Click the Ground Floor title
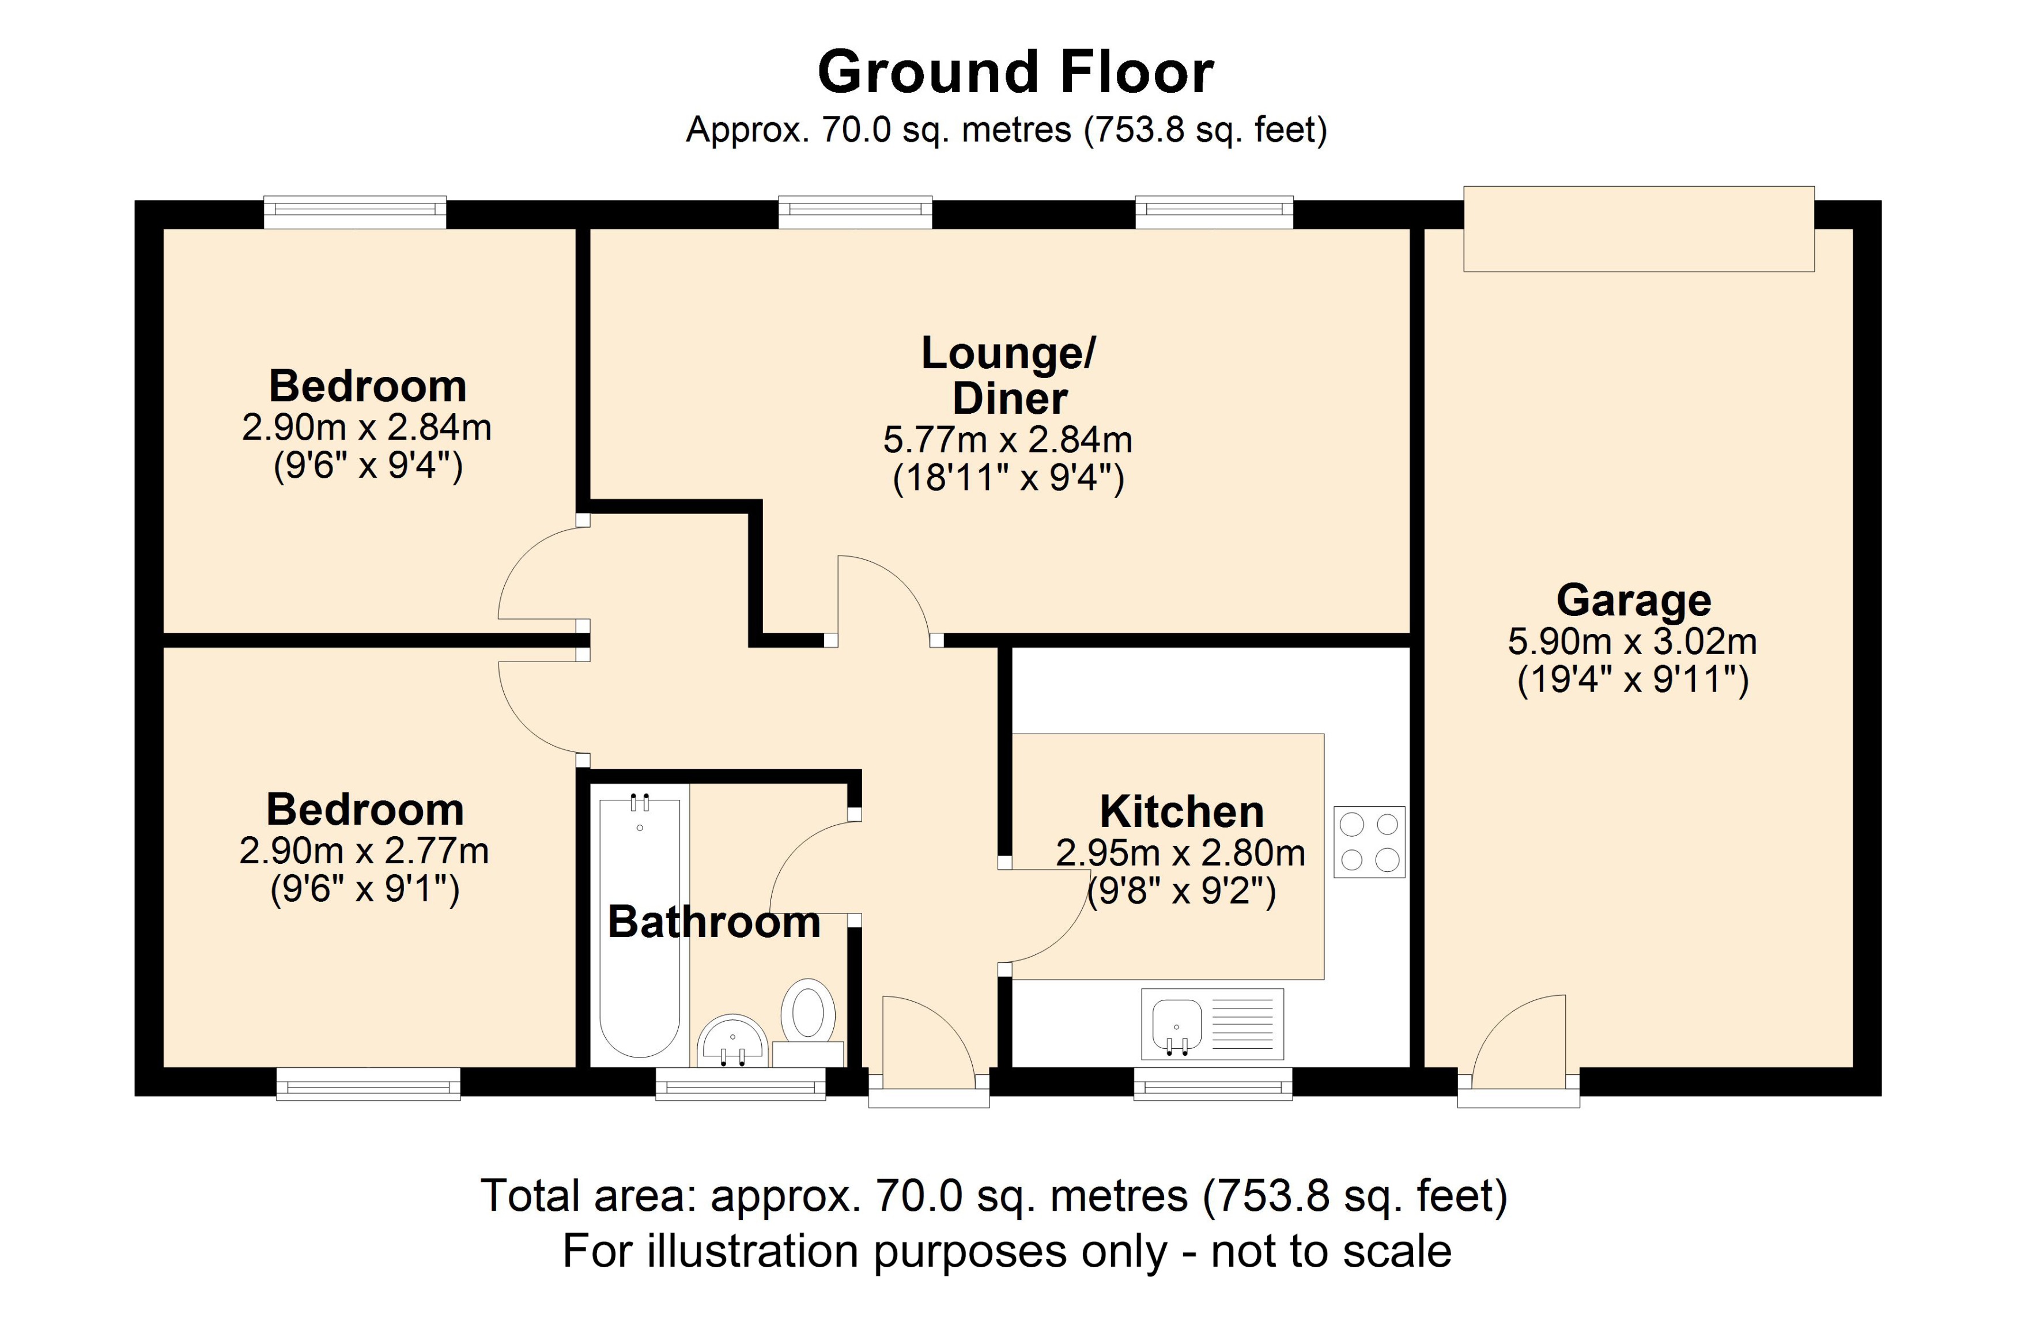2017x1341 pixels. click(1015, 72)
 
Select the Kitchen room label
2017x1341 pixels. click(1181, 811)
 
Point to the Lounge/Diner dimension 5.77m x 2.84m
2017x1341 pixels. click(1007, 440)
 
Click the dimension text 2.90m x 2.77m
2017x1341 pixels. click(364, 851)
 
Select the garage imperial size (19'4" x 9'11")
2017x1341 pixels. click(1633, 681)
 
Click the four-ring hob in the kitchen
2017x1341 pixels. click(1369, 841)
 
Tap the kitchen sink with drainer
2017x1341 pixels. click(1211, 1023)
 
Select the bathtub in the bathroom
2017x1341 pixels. click(640, 928)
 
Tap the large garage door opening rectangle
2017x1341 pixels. click(1638, 229)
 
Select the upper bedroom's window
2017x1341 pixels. click(355, 211)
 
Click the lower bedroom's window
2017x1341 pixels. click(368, 1083)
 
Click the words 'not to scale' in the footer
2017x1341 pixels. click(1331, 1251)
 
